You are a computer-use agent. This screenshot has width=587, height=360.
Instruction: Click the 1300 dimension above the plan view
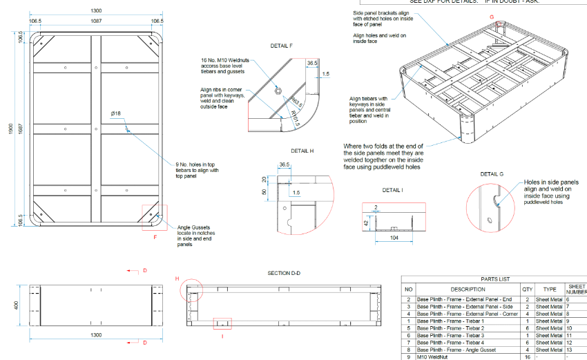95,11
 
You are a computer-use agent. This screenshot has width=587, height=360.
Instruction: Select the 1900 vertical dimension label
10,131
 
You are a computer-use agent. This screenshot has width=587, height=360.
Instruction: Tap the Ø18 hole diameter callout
116,113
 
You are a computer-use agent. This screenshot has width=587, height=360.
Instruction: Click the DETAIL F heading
282,46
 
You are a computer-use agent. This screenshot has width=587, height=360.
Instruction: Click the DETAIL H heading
302,151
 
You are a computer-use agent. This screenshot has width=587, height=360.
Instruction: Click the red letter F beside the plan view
155,236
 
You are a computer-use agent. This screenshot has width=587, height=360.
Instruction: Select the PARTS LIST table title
494,279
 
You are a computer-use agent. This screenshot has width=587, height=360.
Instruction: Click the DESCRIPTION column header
468,290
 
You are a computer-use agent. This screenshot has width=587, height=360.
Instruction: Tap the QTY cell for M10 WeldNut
528,357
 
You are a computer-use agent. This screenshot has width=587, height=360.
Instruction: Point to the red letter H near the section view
177,278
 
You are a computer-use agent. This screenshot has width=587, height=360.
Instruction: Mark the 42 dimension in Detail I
366,223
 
